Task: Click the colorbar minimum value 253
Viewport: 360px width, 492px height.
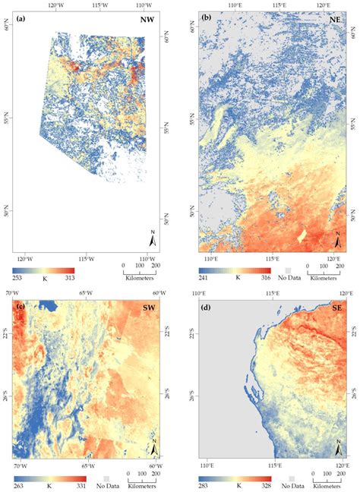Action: click(17, 277)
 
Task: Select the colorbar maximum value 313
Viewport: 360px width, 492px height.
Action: click(69, 277)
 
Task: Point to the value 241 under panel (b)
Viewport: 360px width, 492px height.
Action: click(203, 278)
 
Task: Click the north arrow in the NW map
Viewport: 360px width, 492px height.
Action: click(153, 241)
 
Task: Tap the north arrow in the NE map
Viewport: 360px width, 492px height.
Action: click(337, 241)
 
